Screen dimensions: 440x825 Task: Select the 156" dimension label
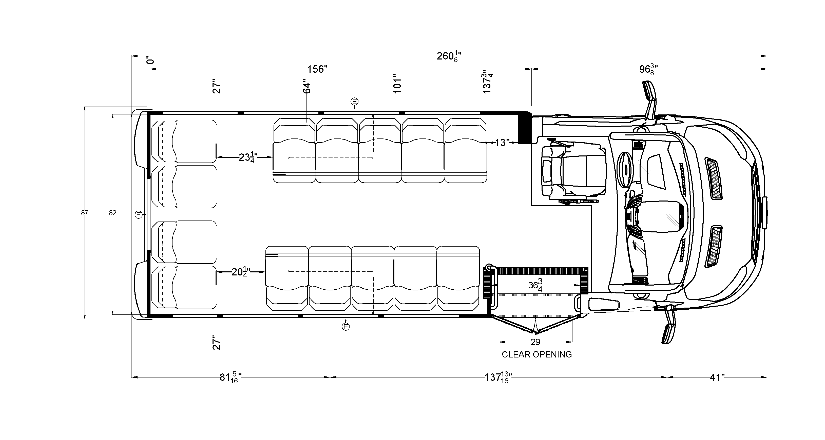(317, 69)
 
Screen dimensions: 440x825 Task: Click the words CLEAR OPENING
(537, 354)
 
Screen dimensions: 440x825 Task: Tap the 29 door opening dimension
(535, 342)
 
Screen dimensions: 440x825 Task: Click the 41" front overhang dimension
(717, 378)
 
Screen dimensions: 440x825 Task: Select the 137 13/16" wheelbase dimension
(498, 378)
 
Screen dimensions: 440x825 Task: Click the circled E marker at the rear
(138, 215)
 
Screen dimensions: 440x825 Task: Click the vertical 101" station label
(397, 84)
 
